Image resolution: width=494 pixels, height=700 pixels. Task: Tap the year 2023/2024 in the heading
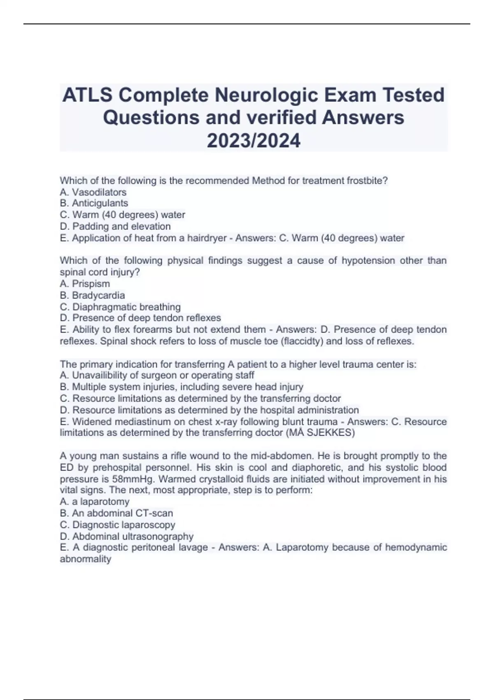click(x=254, y=141)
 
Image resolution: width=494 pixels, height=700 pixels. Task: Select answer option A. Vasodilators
click(x=93, y=192)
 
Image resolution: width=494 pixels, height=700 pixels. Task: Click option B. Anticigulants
click(x=94, y=203)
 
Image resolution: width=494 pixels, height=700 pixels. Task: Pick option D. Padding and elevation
click(x=115, y=226)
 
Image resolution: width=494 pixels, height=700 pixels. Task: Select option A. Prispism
click(x=85, y=284)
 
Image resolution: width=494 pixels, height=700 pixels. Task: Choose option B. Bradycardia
click(x=93, y=295)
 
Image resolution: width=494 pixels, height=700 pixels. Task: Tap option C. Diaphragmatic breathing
click(x=120, y=307)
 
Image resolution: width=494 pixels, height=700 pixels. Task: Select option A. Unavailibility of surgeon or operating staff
click(x=157, y=376)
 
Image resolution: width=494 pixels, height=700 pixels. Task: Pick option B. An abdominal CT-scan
click(x=117, y=513)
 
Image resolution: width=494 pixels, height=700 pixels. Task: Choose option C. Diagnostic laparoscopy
click(x=118, y=525)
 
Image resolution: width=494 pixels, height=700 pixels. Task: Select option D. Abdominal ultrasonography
click(x=127, y=537)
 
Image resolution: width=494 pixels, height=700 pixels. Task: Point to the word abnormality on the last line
click(x=86, y=559)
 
